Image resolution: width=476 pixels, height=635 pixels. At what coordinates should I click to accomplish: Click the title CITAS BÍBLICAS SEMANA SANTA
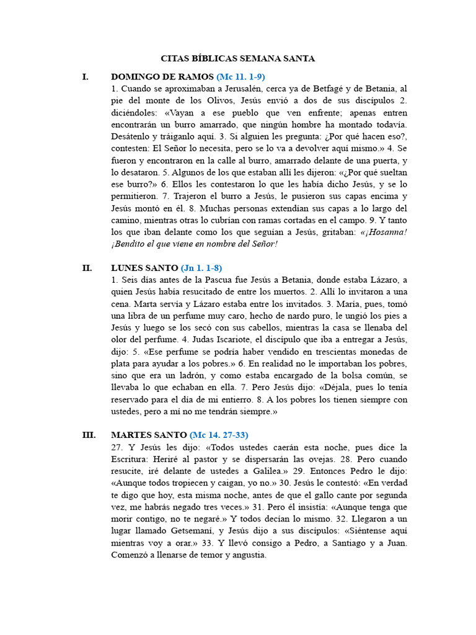pos(238,58)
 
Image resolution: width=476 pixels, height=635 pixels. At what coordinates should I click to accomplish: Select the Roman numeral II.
pos(87,268)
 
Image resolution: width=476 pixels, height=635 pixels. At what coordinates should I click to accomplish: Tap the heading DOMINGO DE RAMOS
pos(162,77)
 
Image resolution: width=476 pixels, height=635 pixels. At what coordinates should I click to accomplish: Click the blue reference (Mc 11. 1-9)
pos(241,77)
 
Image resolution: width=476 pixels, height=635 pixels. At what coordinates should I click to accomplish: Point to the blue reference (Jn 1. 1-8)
pos(201,268)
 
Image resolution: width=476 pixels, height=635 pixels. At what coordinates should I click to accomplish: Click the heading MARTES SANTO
pos(149,435)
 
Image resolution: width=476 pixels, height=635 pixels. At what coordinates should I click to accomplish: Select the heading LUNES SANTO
pos(144,268)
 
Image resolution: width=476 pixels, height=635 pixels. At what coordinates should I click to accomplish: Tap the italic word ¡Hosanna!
pos(383,232)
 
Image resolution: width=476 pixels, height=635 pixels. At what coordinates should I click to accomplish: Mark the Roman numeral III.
pos(89,435)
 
